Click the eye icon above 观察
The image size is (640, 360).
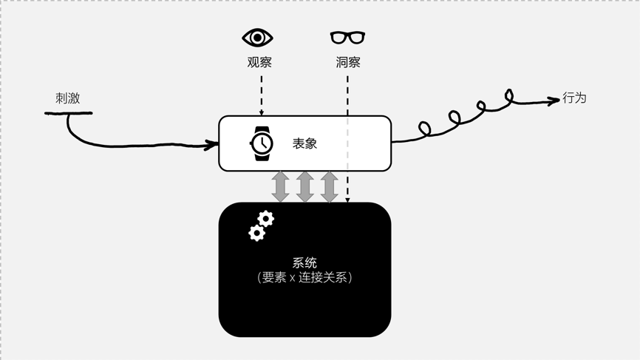258,37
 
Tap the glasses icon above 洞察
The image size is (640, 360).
347,37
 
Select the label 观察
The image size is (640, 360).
259,62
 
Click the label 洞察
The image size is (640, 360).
348,62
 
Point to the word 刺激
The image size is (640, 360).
67,98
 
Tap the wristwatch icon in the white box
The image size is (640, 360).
262,143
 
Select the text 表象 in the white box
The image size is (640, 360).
304,143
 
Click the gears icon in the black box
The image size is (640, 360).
261,225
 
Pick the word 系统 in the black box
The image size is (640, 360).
304,262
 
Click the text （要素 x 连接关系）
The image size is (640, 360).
304,278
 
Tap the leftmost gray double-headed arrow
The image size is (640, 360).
280,186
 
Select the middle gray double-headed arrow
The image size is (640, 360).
304,186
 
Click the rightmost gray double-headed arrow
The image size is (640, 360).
329,186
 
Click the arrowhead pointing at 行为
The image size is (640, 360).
554,101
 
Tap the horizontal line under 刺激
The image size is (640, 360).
69,113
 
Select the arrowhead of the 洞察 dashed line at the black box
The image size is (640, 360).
347,200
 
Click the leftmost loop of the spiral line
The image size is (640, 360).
424,129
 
